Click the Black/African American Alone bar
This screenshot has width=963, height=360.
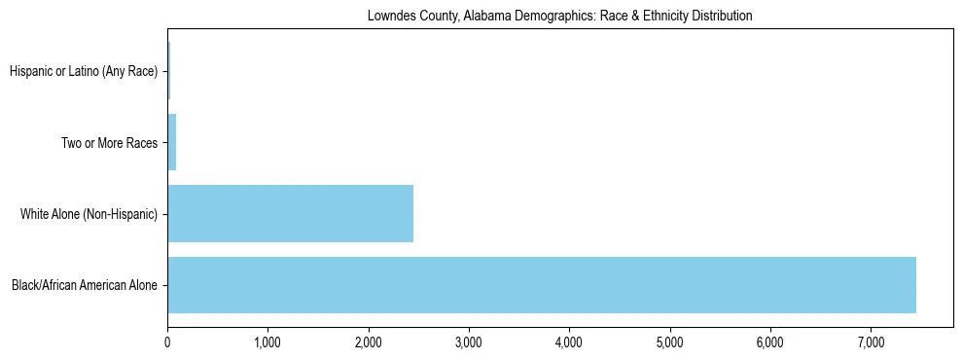click(542, 285)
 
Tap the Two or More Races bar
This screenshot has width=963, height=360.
click(172, 142)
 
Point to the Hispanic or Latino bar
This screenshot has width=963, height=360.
click(168, 70)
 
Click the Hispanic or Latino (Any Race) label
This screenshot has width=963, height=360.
click(83, 71)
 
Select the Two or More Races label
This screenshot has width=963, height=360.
click(109, 143)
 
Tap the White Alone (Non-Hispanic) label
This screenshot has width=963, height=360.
click(89, 214)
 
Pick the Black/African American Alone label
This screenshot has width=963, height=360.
click(85, 286)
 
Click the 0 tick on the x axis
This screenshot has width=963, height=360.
click(167, 342)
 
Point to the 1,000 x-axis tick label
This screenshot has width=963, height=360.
click(267, 342)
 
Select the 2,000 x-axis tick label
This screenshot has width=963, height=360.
click(368, 342)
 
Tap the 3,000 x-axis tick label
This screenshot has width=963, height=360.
click(469, 342)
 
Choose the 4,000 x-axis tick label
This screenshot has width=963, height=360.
click(569, 342)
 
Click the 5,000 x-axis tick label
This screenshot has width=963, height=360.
click(669, 342)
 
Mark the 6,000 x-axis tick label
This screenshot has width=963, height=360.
click(769, 342)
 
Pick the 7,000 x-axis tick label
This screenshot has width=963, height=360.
click(871, 342)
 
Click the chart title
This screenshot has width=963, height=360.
click(559, 17)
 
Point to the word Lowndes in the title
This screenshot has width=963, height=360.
click(389, 17)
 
